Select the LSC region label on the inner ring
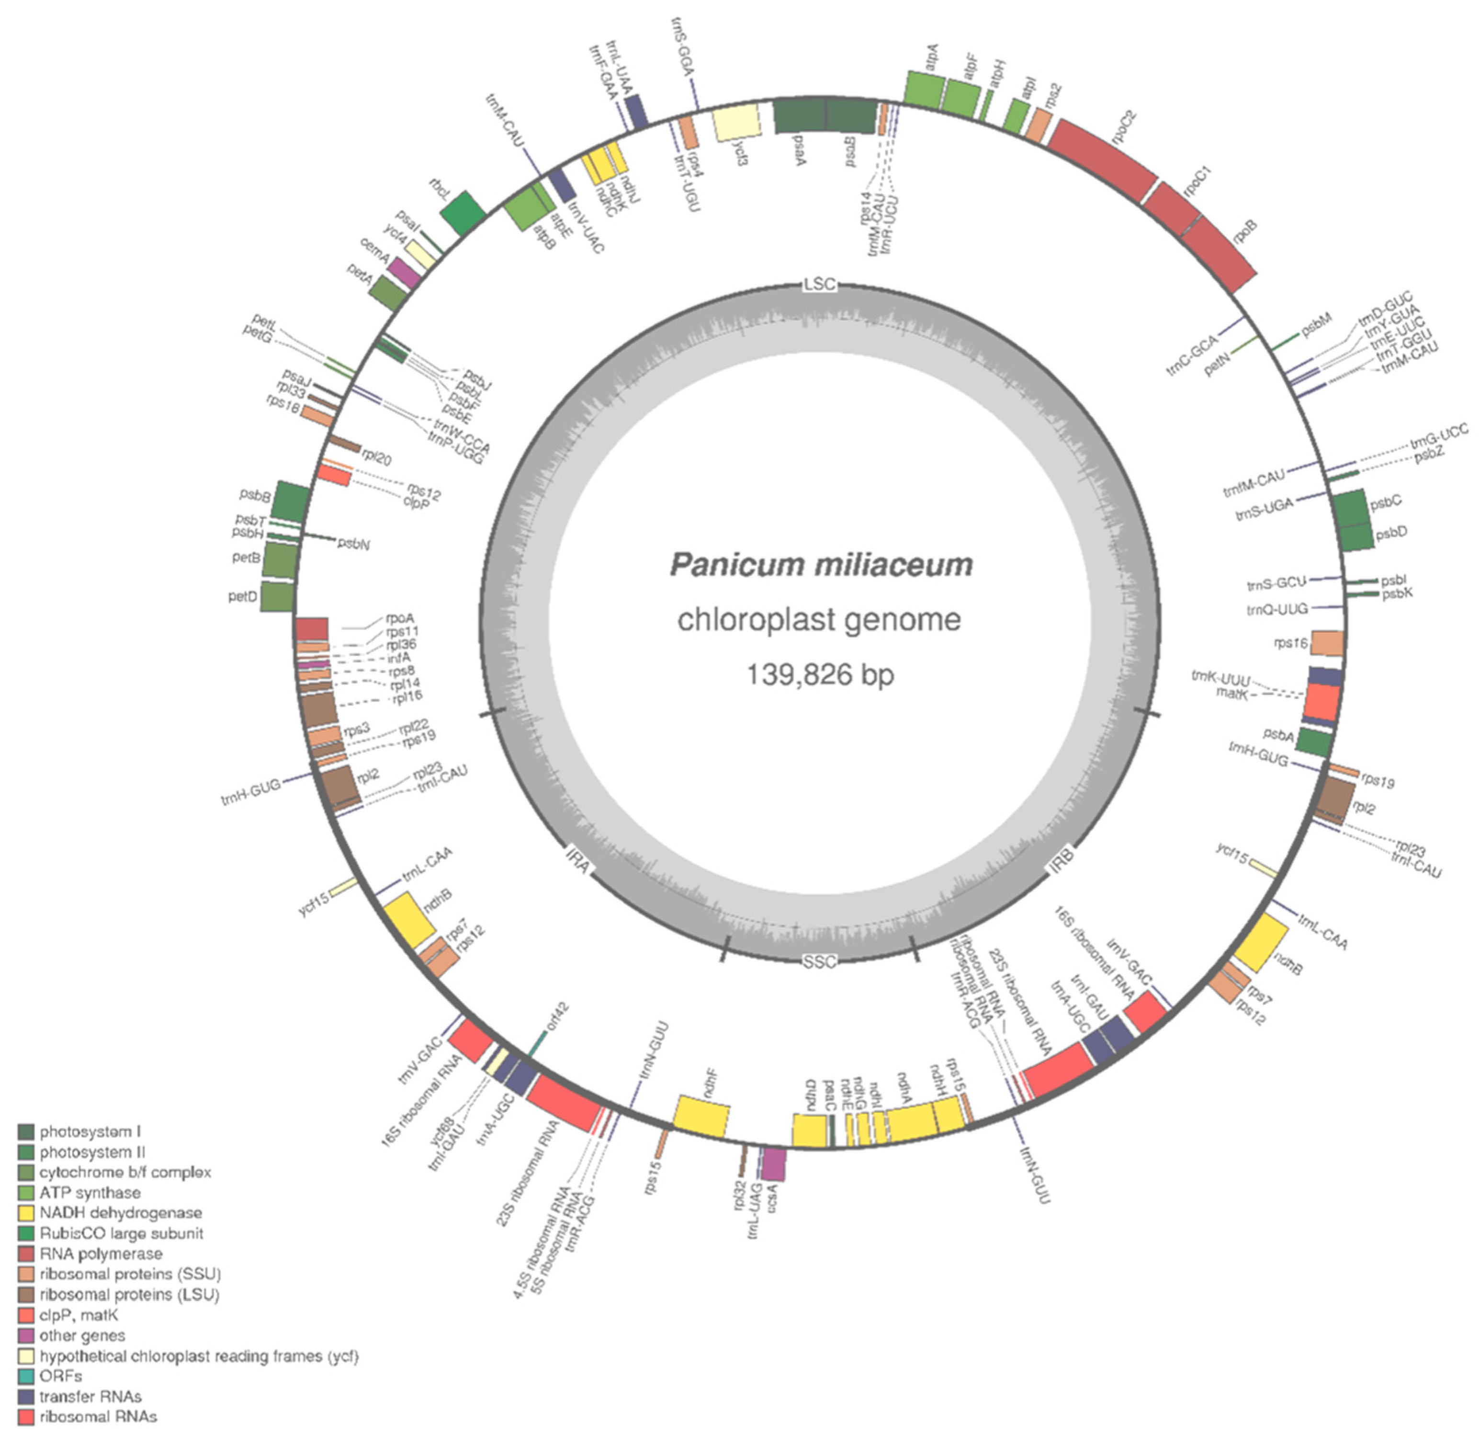pyautogui.click(x=820, y=284)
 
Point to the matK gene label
pyautogui.click(x=1231, y=693)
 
